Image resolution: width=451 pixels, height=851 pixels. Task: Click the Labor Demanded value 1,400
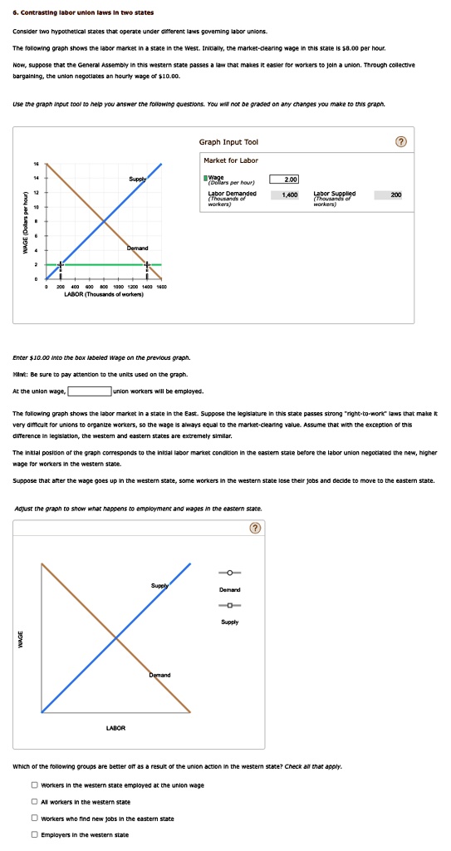click(x=290, y=194)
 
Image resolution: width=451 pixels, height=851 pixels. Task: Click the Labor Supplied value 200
click(x=395, y=194)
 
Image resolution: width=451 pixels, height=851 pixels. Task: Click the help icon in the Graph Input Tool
click(x=402, y=142)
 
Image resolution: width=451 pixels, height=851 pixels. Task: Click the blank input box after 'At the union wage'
click(x=90, y=391)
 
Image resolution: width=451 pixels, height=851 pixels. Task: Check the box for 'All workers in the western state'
click(x=34, y=802)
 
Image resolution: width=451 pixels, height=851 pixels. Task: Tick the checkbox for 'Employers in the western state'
click(x=34, y=834)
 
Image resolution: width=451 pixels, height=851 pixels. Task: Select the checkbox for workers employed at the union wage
click(x=34, y=785)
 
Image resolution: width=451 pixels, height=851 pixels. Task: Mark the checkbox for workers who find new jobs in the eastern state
click(x=34, y=819)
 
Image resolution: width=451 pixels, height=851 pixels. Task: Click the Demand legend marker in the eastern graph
click(x=229, y=573)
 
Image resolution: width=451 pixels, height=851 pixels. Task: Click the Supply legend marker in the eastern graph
click(x=229, y=604)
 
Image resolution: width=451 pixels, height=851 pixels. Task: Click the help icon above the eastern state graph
click(x=255, y=528)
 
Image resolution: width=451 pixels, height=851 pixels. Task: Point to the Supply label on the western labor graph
click(x=138, y=179)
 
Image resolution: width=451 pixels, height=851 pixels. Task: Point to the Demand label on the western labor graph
click(x=138, y=248)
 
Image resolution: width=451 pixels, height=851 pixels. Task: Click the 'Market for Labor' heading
click(x=230, y=160)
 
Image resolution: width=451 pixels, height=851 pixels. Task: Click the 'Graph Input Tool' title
click(x=228, y=142)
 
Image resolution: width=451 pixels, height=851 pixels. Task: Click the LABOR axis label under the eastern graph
click(x=115, y=728)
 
